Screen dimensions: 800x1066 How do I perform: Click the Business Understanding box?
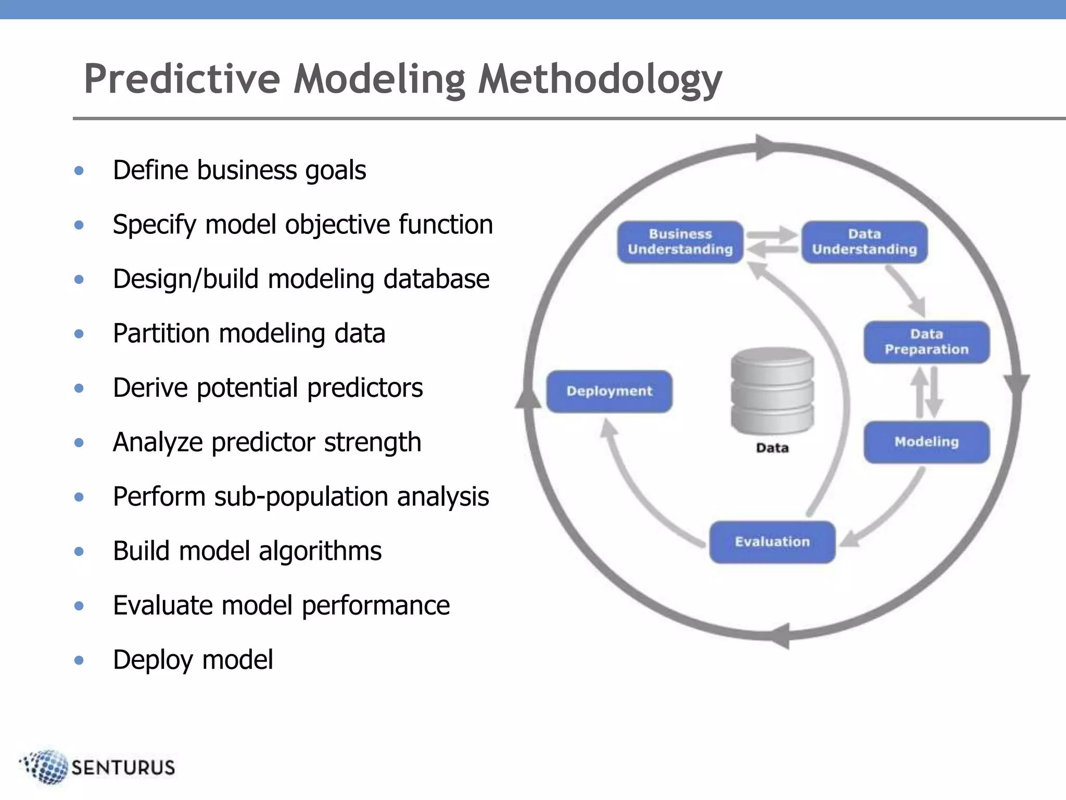[680, 242]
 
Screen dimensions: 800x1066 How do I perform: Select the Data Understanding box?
[864, 242]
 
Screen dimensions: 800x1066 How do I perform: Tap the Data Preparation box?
[927, 342]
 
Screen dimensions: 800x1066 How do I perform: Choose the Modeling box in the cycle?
[927, 442]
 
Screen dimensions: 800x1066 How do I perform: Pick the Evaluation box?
[772, 542]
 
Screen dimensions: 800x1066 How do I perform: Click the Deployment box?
[609, 391]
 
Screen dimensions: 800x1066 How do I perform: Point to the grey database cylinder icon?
[772, 391]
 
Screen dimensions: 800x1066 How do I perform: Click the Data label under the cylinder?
[772, 448]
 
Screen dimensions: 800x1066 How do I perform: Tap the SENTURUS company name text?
[123, 768]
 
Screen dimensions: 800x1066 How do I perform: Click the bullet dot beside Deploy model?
[79, 660]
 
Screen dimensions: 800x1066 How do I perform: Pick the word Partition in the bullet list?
[161, 333]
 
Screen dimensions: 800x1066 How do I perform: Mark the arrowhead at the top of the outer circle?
[765, 147]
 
